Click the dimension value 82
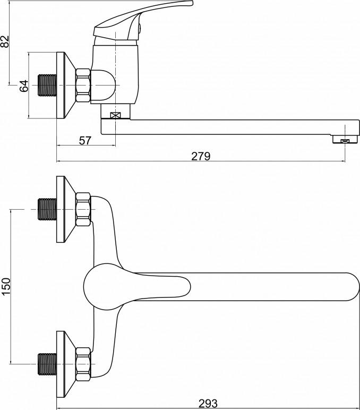[5, 41]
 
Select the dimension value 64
[24, 86]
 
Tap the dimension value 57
[85, 141]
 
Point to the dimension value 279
[201, 156]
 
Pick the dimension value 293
[208, 403]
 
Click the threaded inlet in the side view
[47, 86]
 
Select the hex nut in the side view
[83, 86]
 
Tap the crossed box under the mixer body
[115, 115]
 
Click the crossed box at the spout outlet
[345, 141]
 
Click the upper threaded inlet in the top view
[47, 209]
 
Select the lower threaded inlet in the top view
[47, 364]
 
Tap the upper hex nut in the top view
[83, 209]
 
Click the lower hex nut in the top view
[83, 364]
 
